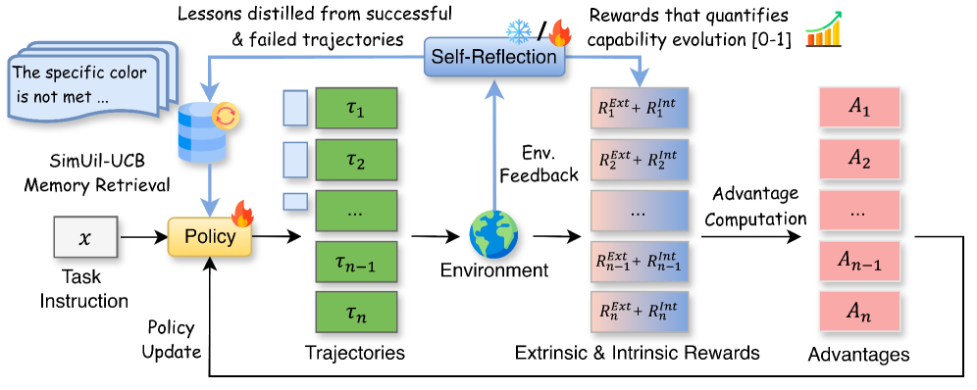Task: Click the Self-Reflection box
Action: point(494,58)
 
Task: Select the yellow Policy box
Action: point(210,237)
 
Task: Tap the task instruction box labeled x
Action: point(84,237)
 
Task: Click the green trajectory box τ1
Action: point(356,110)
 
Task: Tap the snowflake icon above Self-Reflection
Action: point(518,30)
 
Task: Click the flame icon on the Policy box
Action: point(241,214)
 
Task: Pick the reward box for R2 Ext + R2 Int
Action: point(640,160)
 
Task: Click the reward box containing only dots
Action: point(640,211)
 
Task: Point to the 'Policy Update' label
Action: point(172,340)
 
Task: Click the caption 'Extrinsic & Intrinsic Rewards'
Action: point(638,353)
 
